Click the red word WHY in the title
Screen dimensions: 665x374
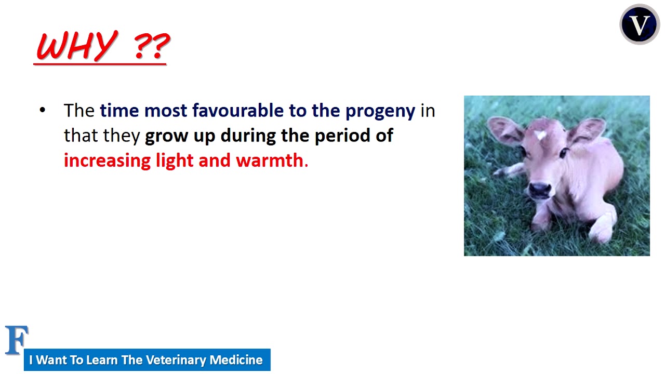click(77, 46)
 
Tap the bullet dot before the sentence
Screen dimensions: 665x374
click(43, 110)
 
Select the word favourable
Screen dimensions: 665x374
click(238, 111)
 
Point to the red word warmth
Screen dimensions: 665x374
click(270, 161)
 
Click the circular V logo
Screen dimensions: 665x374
click(640, 24)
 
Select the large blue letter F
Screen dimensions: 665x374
click(16, 340)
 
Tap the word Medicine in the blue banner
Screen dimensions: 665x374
click(236, 360)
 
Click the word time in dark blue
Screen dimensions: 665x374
click(119, 111)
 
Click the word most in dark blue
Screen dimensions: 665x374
click(166, 111)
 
